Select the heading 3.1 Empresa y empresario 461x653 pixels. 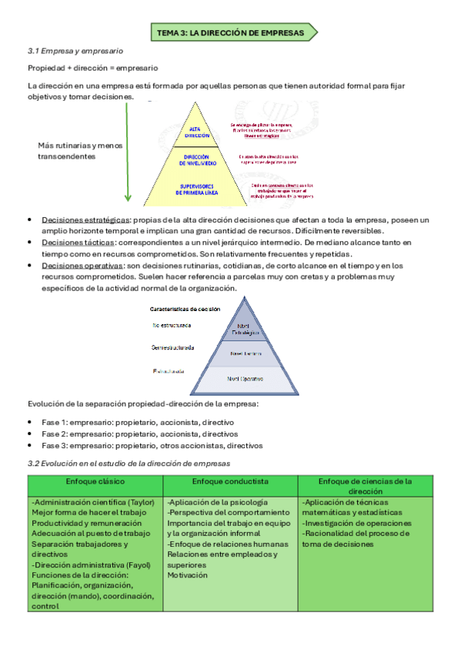pyautogui.click(x=75, y=51)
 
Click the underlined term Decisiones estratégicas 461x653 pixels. pyautogui.click(x=86, y=220)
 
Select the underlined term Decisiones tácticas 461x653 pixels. pyautogui.click(x=79, y=243)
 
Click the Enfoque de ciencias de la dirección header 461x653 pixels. pyautogui.click(x=366, y=486)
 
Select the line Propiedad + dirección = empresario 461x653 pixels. pyautogui.click(x=93, y=68)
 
